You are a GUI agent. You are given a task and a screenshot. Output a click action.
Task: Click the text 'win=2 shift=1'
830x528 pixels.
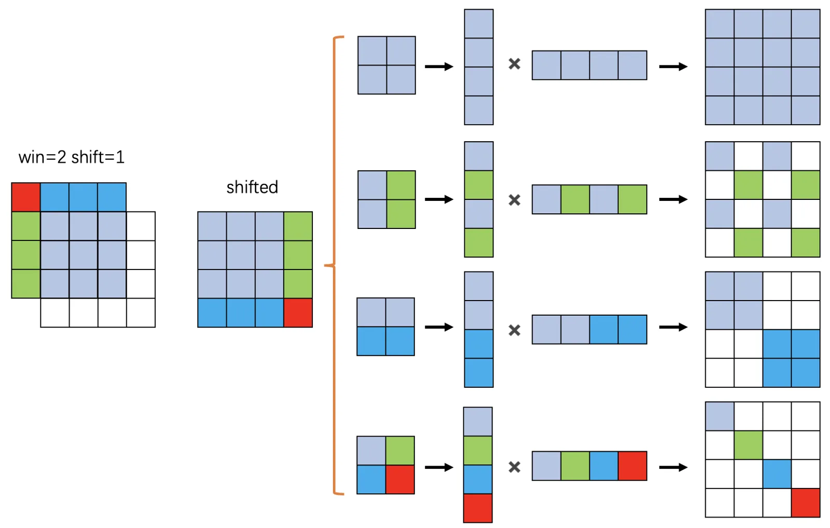tap(72, 157)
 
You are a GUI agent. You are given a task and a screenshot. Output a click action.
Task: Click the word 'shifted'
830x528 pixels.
tap(252, 187)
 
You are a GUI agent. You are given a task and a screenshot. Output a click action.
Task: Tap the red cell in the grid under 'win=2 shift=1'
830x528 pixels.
tap(26, 197)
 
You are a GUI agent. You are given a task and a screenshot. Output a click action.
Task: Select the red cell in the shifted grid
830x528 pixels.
tap(298, 313)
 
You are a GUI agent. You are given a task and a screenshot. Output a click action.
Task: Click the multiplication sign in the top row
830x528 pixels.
tap(514, 64)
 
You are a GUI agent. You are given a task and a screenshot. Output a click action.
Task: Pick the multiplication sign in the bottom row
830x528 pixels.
tap(514, 467)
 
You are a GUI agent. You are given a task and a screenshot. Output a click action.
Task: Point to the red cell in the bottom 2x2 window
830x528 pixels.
tap(400, 479)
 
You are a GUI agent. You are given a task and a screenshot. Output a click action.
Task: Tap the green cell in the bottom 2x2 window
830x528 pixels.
tap(400, 451)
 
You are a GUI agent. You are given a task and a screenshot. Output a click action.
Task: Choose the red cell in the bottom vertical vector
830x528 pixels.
tap(478, 508)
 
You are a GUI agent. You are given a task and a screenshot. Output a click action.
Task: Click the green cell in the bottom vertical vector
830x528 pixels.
tap(478, 450)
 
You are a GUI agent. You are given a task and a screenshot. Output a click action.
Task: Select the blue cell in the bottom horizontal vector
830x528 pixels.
tap(604, 466)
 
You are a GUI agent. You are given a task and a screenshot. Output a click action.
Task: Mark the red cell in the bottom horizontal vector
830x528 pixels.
tap(632, 466)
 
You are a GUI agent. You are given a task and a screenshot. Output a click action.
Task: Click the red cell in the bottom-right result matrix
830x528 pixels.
tap(806, 503)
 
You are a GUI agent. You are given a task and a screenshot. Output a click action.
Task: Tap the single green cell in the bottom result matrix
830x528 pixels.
tap(748, 445)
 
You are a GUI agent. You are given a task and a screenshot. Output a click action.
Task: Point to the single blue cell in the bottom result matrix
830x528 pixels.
tap(777, 473)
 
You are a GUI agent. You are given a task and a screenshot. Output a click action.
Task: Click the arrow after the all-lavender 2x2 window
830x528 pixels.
tap(439, 66)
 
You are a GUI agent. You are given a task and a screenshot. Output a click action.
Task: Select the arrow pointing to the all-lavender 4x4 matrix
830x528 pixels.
tap(673, 66)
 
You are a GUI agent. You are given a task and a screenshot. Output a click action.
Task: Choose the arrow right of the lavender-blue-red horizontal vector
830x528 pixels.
tap(673, 467)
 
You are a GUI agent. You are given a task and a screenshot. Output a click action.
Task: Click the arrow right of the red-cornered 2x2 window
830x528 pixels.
tap(439, 467)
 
